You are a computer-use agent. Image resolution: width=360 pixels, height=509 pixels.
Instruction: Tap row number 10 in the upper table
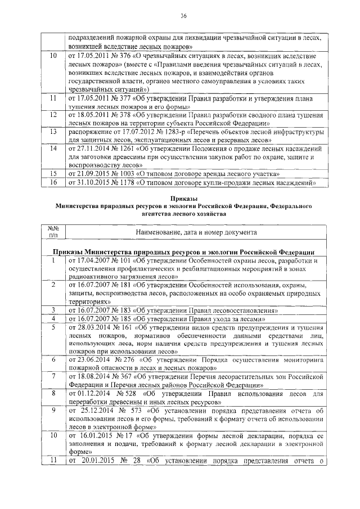(53, 57)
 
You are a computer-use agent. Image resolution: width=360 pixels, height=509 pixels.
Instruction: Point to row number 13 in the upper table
(53, 131)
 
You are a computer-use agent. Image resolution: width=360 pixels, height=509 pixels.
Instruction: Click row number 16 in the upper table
(53, 183)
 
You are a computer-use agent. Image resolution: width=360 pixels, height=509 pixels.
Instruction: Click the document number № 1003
(121, 174)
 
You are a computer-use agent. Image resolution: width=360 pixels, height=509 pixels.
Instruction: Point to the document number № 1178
(121, 183)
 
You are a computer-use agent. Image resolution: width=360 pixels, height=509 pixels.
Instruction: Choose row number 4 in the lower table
(53, 318)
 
